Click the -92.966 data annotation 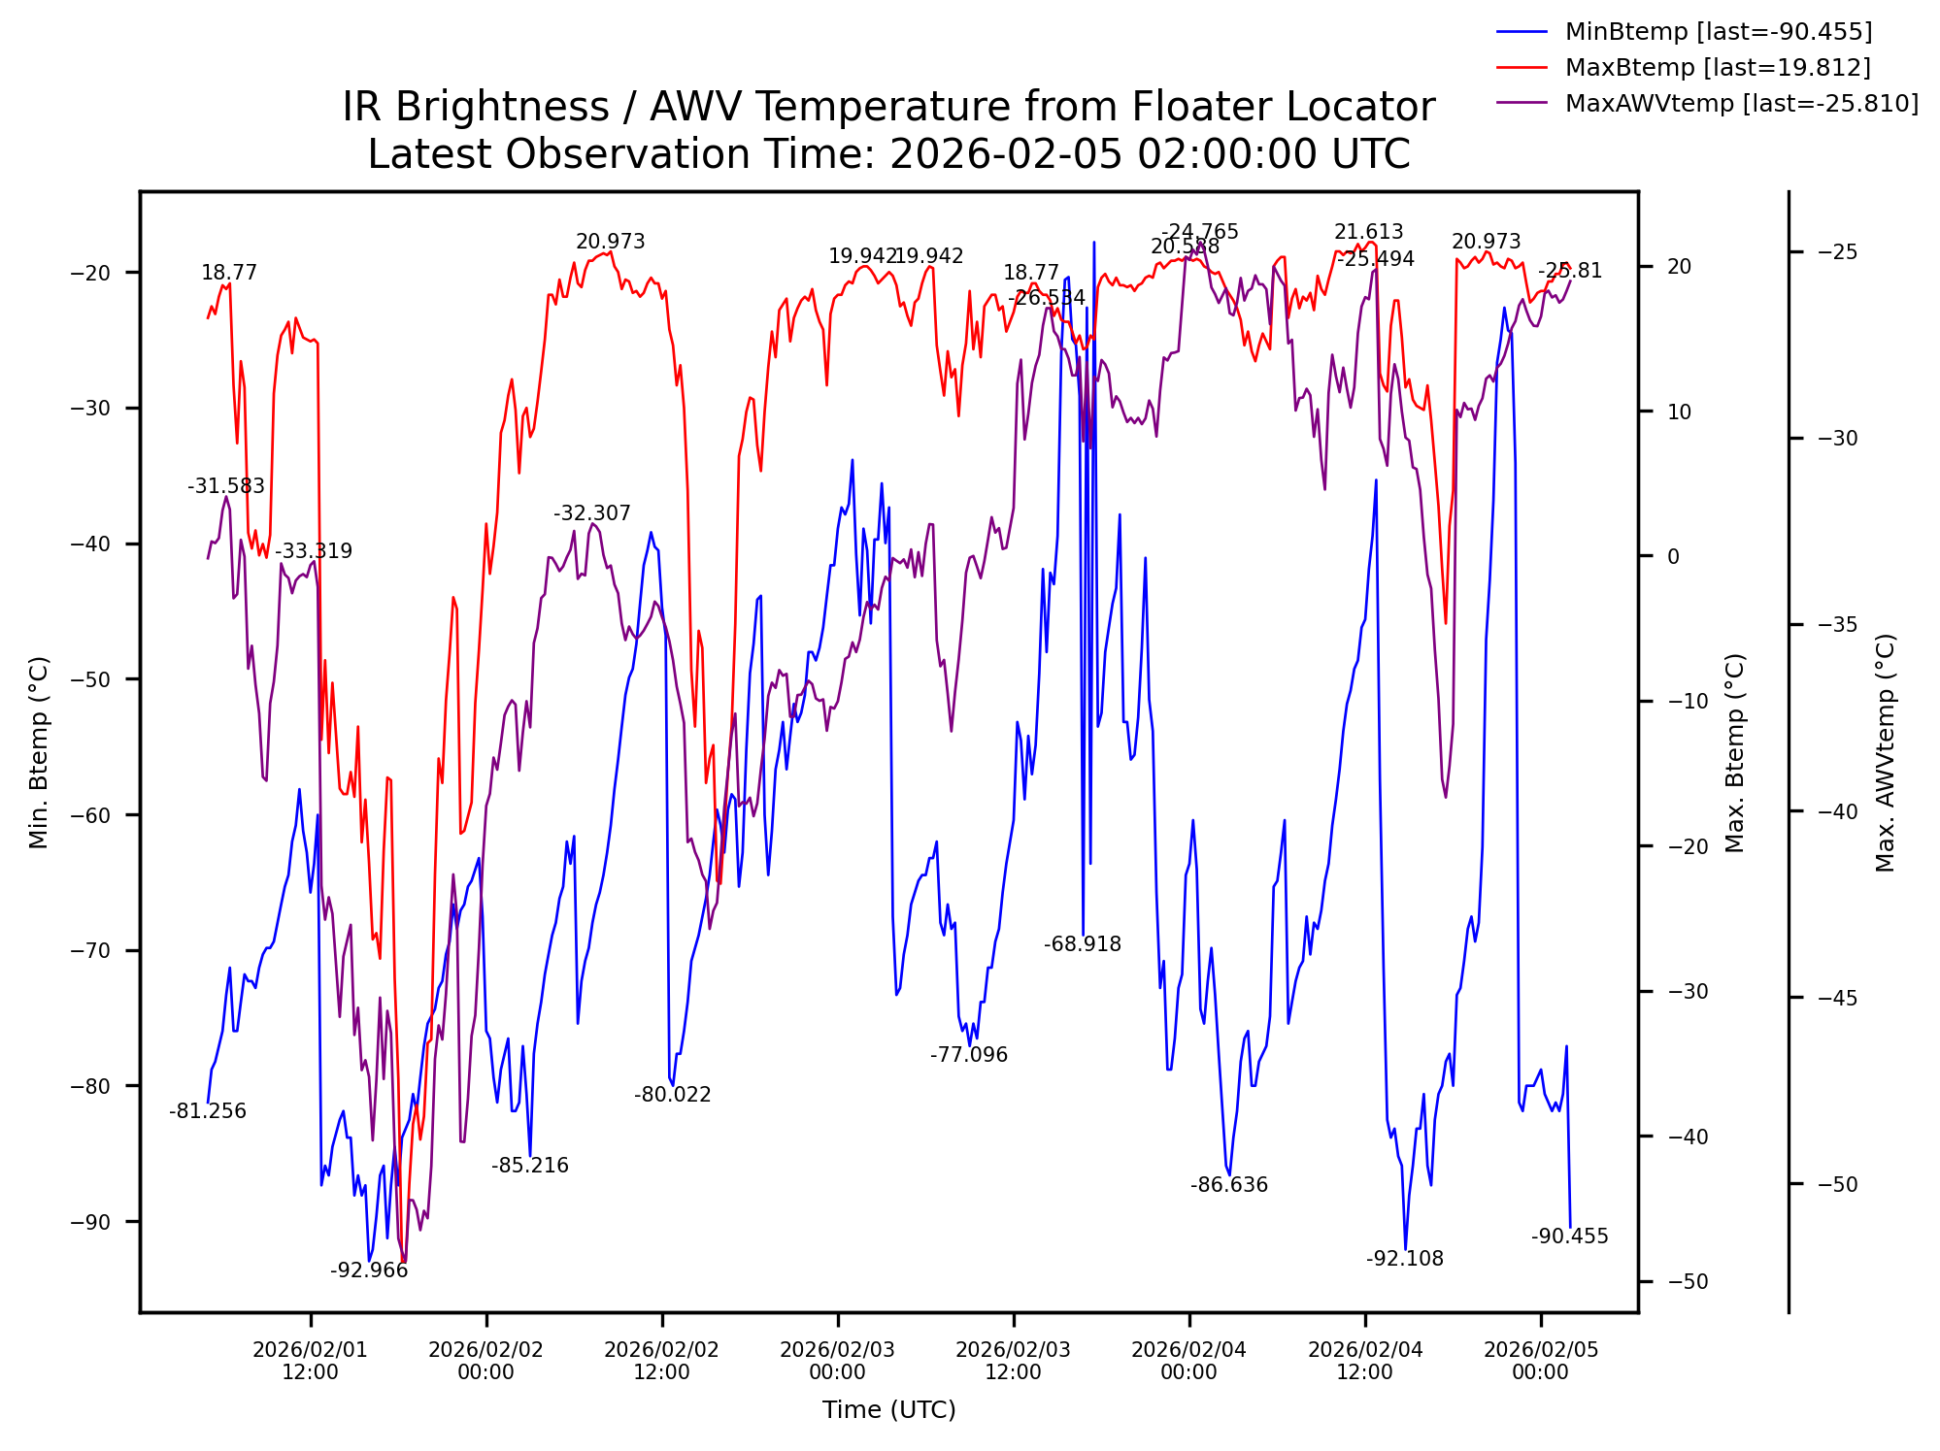pos(369,1270)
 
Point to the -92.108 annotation pos(1404,1259)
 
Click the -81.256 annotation pos(208,1111)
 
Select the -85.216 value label pos(530,1166)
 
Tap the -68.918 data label pos(1083,944)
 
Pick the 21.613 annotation pos(1368,232)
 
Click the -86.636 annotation pos(1229,1185)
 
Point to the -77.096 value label pos(969,1055)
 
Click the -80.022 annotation pos(673,1095)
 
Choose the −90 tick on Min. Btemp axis pos(91,1222)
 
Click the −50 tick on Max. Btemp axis pos(1688,1282)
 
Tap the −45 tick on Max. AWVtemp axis pos(1837,999)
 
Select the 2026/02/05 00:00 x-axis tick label pos(1540,1361)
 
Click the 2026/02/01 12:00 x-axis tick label pos(311,1361)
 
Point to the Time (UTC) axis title pos(888,1410)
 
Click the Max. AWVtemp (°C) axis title pos(1885,753)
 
